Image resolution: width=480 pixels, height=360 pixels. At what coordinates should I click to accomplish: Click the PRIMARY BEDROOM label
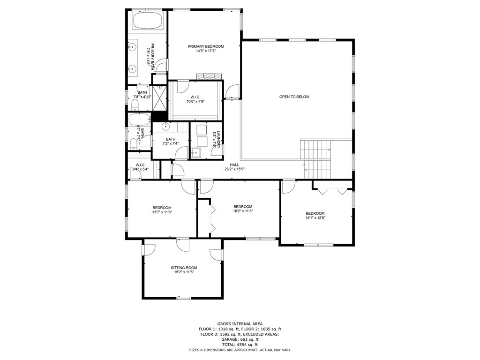(206, 46)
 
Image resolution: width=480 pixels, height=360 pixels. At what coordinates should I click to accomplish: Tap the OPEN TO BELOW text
(294, 97)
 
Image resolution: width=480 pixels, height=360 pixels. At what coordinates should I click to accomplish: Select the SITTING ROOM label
(184, 268)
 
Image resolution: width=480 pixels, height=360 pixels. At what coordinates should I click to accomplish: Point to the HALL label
(234, 165)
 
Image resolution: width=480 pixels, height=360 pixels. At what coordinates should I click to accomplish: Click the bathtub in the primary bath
(147, 21)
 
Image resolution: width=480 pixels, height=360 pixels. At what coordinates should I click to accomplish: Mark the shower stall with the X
(159, 97)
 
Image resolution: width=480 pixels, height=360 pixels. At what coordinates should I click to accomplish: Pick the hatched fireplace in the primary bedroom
(208, 76)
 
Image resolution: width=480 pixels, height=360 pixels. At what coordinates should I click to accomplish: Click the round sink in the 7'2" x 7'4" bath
(165, 127)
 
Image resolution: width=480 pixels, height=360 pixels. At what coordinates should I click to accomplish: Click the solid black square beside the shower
(159, 116)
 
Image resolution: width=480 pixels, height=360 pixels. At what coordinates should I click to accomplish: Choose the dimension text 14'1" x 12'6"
(315, 217)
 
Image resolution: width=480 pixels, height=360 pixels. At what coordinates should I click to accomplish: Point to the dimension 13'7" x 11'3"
(162, 212)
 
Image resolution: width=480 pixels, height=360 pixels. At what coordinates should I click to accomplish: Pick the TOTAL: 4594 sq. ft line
(240, 345)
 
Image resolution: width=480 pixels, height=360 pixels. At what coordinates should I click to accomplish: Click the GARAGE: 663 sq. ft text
(240, 339)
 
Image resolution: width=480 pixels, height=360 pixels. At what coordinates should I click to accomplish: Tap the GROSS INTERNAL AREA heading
(240, 324)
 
